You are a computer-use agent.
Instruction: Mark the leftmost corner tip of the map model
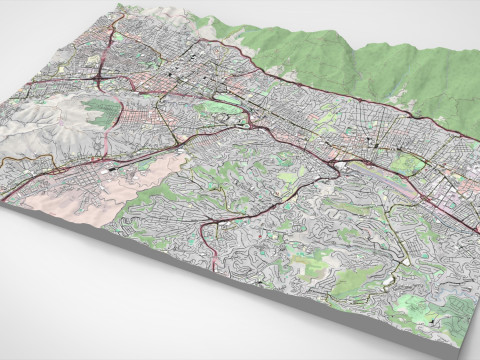point(3,200)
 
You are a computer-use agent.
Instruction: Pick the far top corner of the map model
point(121,6)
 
